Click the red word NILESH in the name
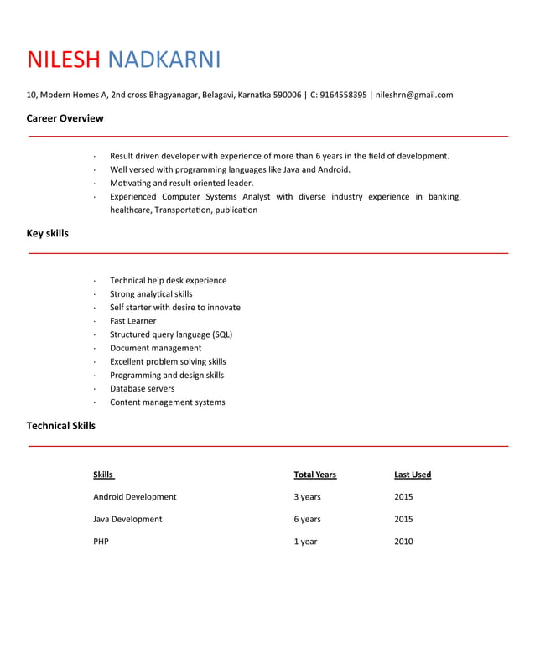pos(64,60)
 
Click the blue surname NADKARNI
pos(164,60)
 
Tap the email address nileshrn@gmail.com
pos(414,95)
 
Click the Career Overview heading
pos(65,118)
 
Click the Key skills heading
pos(47,233)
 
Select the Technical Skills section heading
pos(60,426)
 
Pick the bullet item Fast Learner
pos(132,321)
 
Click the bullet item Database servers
pos(142,389)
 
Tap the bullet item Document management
pos(155,348)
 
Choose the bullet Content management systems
pos(167,402)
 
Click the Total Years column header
pos(314,475)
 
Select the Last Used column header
pos(413,475)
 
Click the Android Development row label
pos(134,497)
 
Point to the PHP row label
pos(101,542)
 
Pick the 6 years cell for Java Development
pos(307,520)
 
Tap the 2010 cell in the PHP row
pos(403,542)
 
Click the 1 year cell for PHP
pos(305,542)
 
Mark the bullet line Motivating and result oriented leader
pos(181,183)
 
